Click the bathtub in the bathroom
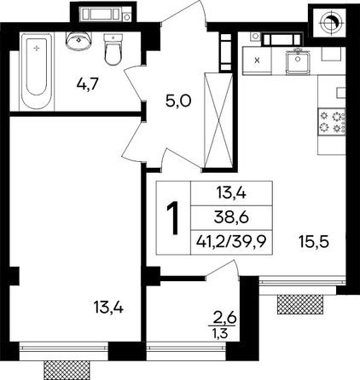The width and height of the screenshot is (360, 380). (x=37, y=72)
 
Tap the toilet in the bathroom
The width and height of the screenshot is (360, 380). (x=113, y=49)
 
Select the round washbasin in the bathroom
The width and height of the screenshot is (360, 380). (x=79, y=40)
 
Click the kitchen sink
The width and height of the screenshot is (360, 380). (x=298, y=61)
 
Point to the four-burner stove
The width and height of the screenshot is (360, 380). (x=332, y=121)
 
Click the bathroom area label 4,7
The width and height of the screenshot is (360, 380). (x=88, y=83)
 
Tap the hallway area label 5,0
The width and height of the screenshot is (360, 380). (x=179, y=101)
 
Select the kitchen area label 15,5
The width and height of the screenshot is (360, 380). (x=314, y=242)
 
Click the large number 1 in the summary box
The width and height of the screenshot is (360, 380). (x=173, y=218)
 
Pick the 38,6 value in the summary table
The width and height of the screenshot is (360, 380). (x=232, y=218)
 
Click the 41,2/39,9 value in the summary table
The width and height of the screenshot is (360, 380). (x=231, y=242)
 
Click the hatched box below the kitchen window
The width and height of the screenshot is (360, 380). (x=300, y=304)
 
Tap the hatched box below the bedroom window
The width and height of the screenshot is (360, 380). (x=67, y=371)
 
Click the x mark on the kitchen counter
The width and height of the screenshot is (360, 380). (x=257, y=60)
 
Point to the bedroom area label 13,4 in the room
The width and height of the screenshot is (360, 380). (x=108, y=308)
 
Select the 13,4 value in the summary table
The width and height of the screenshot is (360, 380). (x=231, y=193)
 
